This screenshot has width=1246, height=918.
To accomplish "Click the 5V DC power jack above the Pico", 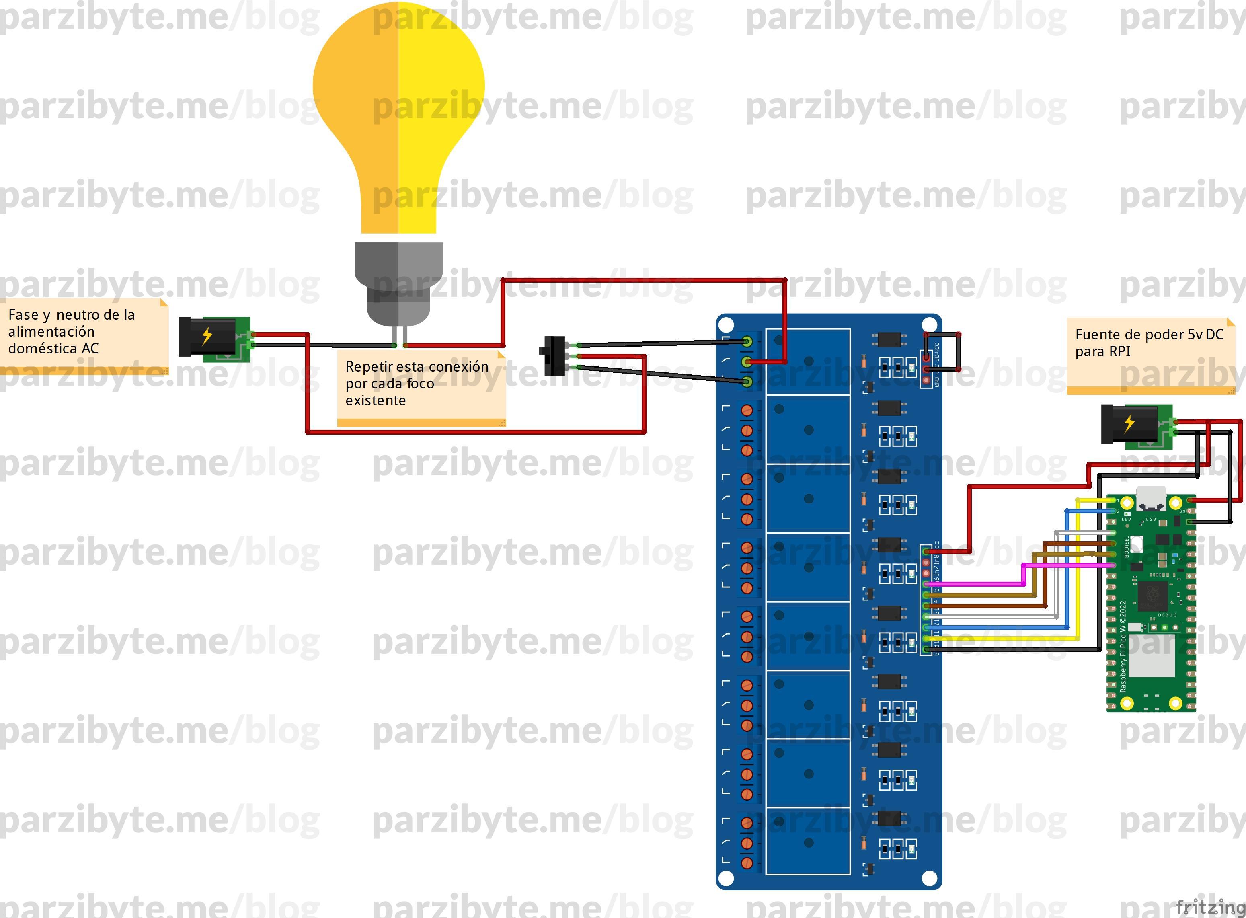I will click(x=1135, y=425).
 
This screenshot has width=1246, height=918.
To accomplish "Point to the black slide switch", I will click(x=553, y=355).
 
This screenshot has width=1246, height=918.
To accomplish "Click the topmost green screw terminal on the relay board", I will click(x=747, y=341).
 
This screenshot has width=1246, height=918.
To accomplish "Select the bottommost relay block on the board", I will click(x=808, y=842).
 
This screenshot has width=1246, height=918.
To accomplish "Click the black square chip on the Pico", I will click(x=1152, y=595).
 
